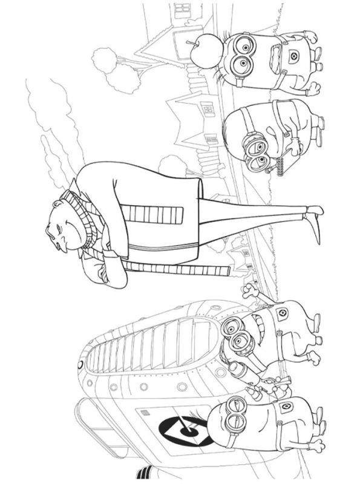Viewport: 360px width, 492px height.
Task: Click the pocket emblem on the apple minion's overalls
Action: point(295,57)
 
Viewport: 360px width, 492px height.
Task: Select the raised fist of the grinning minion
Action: point(249,293)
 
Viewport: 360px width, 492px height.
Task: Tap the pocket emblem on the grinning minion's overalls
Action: point(281,313)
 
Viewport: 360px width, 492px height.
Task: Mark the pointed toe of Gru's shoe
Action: point(316,236)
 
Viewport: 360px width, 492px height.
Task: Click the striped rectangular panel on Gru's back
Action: point(151,214)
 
